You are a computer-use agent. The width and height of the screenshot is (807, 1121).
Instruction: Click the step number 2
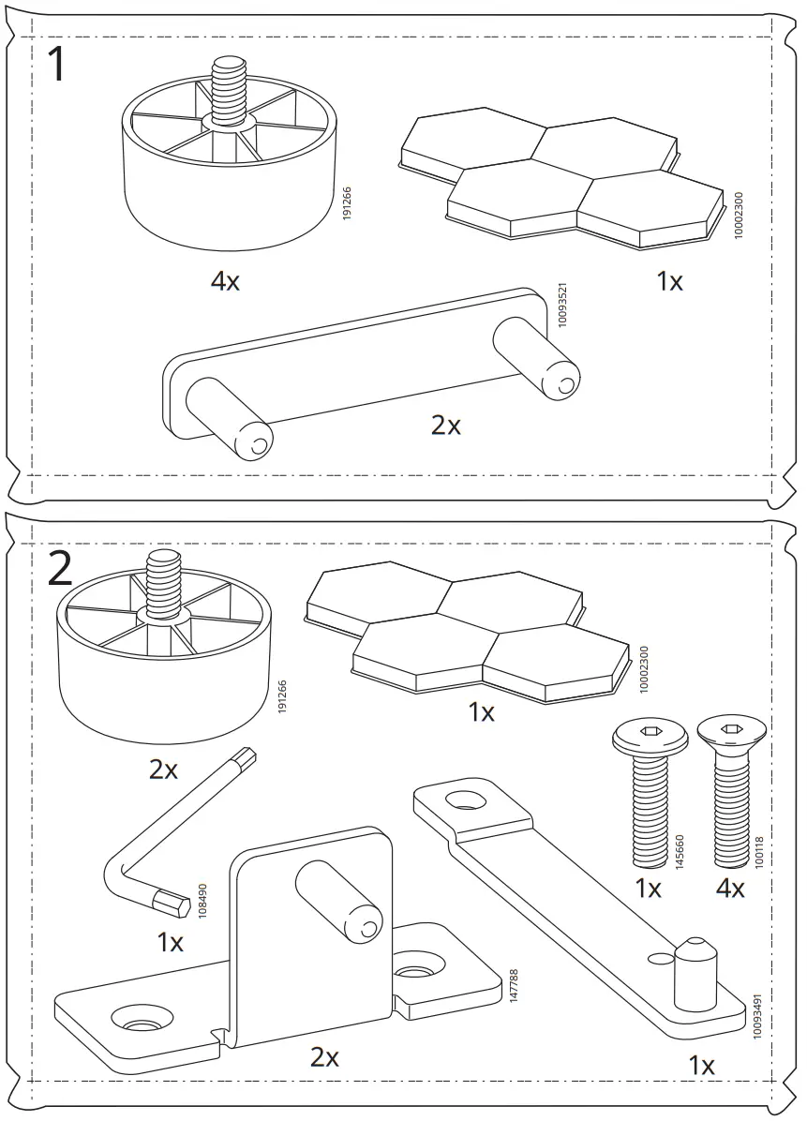59,569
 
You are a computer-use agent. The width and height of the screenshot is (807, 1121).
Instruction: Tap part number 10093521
561,305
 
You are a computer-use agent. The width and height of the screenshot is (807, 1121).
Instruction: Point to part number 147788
513,987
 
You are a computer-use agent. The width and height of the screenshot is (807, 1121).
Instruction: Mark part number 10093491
757,1013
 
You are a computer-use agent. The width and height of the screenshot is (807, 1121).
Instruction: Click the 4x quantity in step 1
225,280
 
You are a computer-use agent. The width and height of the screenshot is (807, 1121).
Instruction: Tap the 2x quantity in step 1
446,425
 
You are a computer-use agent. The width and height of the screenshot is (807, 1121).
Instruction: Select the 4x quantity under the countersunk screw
729,888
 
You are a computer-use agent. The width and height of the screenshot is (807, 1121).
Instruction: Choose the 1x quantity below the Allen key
170,942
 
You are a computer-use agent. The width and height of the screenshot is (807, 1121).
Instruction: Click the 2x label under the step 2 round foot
163,770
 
